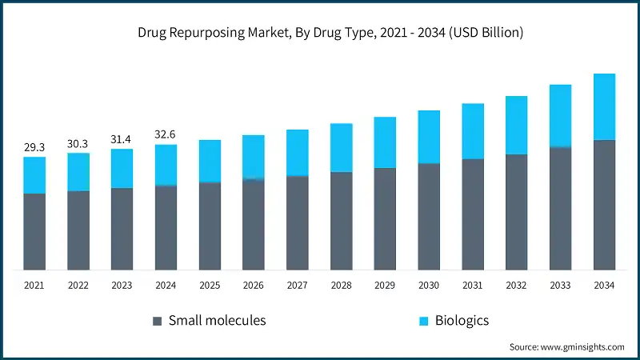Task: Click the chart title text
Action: pos(319,33)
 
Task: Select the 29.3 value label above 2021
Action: pos(34,147)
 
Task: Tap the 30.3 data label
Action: pos(78,143)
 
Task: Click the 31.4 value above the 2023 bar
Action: pos(122,139)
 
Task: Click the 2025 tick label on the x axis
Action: pos(210,286)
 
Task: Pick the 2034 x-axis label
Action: pos(604,286)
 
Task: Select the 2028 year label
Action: pos(341,286)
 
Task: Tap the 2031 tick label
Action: pos(473,286)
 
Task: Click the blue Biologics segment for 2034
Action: pos(604,107)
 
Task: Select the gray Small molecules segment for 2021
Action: pos(34,231)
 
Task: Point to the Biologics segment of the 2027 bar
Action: pos(297,153)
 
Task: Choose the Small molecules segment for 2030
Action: pos(429,216)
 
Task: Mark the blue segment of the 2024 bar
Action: pos(166,165)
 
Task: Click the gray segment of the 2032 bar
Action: pos(516,211)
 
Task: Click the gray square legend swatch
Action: pos(157,321)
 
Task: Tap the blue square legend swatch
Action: pos(424,321)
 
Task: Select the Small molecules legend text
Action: pos(217,321)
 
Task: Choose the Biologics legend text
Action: pos(462,321)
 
